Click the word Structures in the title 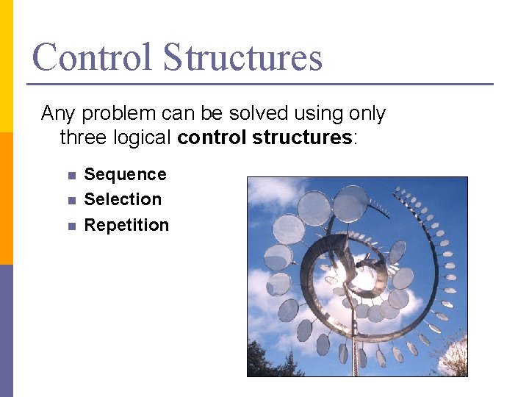[x=242, y=57]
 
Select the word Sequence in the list [x=125, y=174]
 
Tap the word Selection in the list [x=123, y=199]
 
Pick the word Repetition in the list [x=126, y=225]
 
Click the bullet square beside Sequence [x=71, y=176]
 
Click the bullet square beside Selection [x=71, y=201]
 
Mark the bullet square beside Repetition [x=71, y=226]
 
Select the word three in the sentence [x=82, y=137]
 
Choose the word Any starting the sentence [x=57, y=114]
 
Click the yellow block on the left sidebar [x=6, y=66]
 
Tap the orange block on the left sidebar [x=6, y=198]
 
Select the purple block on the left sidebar [x=6, y=331]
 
